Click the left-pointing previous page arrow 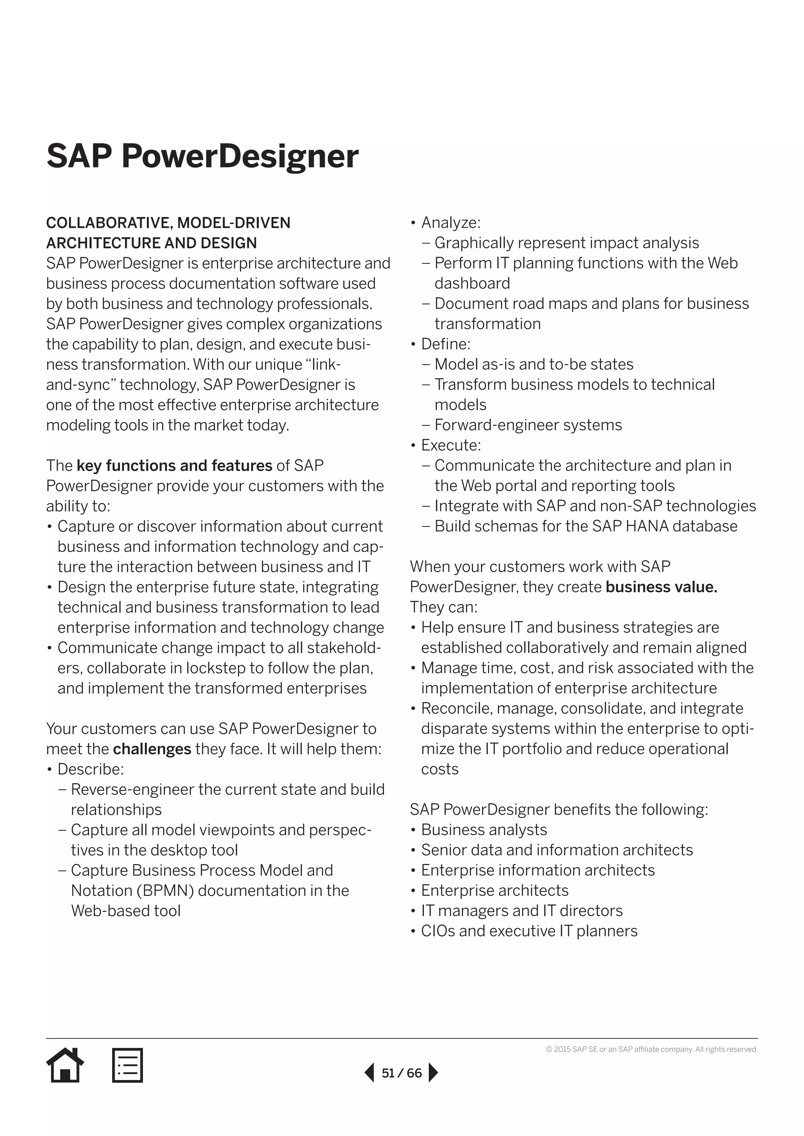point(369,1073)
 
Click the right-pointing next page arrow point(433,1073)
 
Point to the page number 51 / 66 point(402,1073)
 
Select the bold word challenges point(152,749)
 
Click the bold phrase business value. point(661,587)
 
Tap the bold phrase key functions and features point(174,466)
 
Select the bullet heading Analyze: point(451,223)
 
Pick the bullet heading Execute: point(451,445)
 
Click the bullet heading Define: point(446,344)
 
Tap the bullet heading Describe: point(91,769)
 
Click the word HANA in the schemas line point(649,526)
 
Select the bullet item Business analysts point(484,830)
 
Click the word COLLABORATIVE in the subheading point(108,223)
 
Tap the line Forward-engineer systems point(528,425)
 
